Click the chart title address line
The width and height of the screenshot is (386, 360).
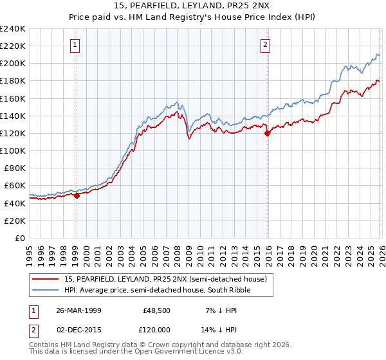[192, 7]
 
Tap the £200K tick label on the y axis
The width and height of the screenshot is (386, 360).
[12, 63]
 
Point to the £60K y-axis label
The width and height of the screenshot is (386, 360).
[14, 186]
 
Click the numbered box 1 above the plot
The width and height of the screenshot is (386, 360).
[76, 45]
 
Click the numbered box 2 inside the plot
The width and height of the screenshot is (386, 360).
[265, 45]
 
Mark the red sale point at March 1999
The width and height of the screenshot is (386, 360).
[77, 196]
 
